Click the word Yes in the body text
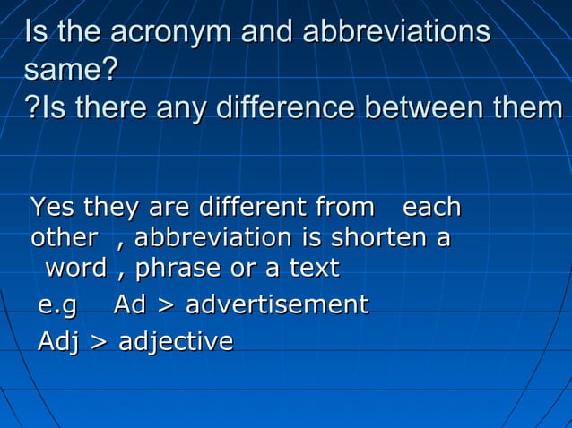[x=53, y=209]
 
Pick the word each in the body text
[x=431, y=209]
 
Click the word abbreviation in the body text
[x=212, y=239]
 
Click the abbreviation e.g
[x=57, y=305]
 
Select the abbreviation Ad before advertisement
[x=130, y=304]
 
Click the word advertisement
[x=276, y=304]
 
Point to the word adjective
[x=176, y=341]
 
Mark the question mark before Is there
[x=32, y=109]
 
